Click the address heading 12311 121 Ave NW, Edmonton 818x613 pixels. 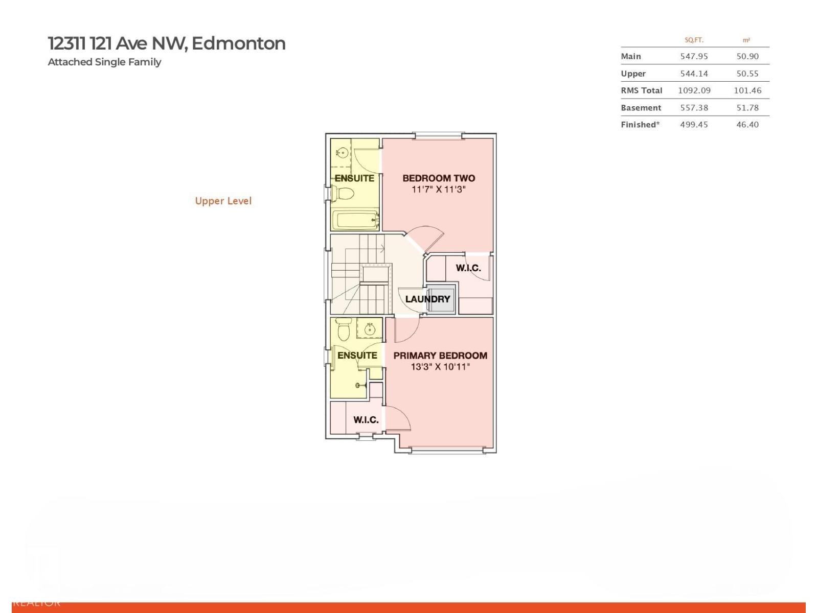coord(167,43)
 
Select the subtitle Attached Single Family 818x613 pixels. coord(104,62)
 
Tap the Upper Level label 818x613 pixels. coord(223,201)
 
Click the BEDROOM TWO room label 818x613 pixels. coord(439,178)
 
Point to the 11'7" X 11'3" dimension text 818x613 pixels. coord(439,190)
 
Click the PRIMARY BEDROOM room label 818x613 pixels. coord(440,356)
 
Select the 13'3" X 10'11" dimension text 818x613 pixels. coord(440,367)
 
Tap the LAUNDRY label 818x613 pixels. coord(427,299)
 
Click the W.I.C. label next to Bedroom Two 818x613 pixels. coord(468,268)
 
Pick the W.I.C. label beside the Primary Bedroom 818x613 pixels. coord(366,420)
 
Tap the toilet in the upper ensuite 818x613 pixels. coord(344,194)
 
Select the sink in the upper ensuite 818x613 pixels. coord(343,152)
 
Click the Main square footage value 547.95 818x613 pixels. coord(694,56)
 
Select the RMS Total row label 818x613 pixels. coord(642,90)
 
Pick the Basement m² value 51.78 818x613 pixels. coord(747,108)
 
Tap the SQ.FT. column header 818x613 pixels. coord(694,40)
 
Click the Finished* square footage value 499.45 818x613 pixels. coord(694,125)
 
